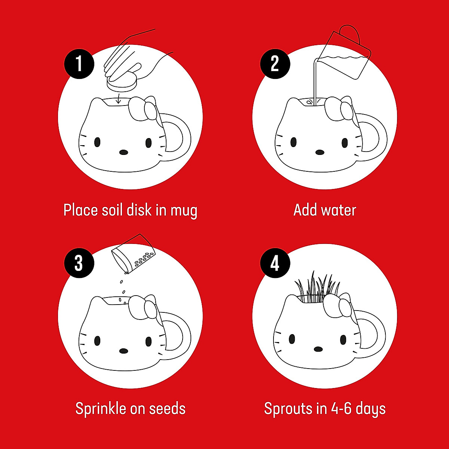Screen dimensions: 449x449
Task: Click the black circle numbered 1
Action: [79, 64]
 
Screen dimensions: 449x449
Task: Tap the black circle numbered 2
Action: [275, 64]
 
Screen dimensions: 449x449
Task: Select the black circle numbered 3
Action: [79, 263]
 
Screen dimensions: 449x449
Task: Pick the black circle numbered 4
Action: [275, 263]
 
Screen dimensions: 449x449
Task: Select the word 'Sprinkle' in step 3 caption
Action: [101, 408]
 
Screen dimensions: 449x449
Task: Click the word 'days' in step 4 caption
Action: [370, 409]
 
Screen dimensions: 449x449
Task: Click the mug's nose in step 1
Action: [123, 152]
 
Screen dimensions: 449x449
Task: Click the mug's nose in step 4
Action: [318, 349]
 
